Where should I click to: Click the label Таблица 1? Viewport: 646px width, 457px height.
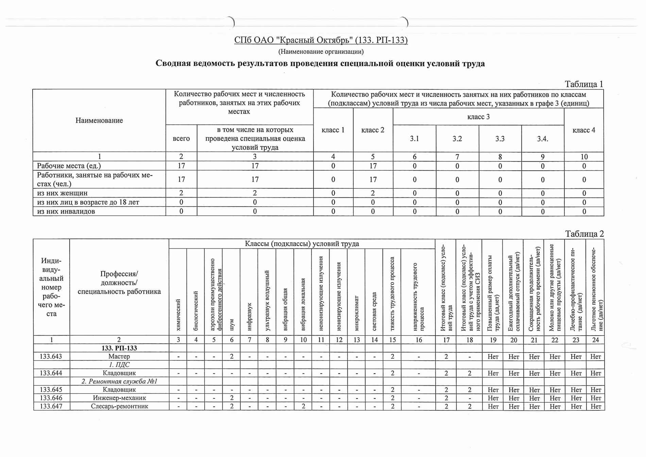pyautogui.click(x=583, y=84)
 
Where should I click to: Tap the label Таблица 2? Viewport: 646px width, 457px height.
pyautogui.click(x=584, y=234)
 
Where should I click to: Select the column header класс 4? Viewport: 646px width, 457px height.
pyautogui.click(x=583, y=130)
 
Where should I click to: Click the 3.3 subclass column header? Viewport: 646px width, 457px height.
pyautogui.click(x=500, y=139)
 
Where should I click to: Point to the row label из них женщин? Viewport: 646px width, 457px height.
pyautogui.click(x=62, y=193)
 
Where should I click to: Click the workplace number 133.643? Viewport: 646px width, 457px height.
pyautogui.click(x=51, y=356)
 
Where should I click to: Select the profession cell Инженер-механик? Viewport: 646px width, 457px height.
pyautogui.click(x=119, y=398)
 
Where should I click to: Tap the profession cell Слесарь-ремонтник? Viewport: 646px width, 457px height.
pyautogui.click(x=119, y=406)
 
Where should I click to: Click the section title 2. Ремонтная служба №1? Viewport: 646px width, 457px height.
pyautogui.click(x=119, y=381)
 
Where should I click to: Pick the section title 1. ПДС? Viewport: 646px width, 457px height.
pyautogui.click(x=119, y=365)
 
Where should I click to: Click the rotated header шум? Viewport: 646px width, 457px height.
pyautogui.click(x=232, y=324)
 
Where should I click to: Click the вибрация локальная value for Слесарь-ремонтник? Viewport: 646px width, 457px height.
pyautogui.click(x=303, y=406)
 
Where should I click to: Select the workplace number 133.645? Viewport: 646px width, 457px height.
pyautogui.click(x=51, y=390)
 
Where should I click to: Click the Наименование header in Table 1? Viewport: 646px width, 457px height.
pyautogui.click(x=99, y=120)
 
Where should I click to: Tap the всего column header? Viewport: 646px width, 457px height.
pyautogui.click(x=181, y=139)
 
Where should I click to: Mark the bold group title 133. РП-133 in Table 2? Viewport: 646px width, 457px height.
pyautogui.click(x=119, y=348)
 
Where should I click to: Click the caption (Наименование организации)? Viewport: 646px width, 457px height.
pyautogui.click(x=321, y=52)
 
